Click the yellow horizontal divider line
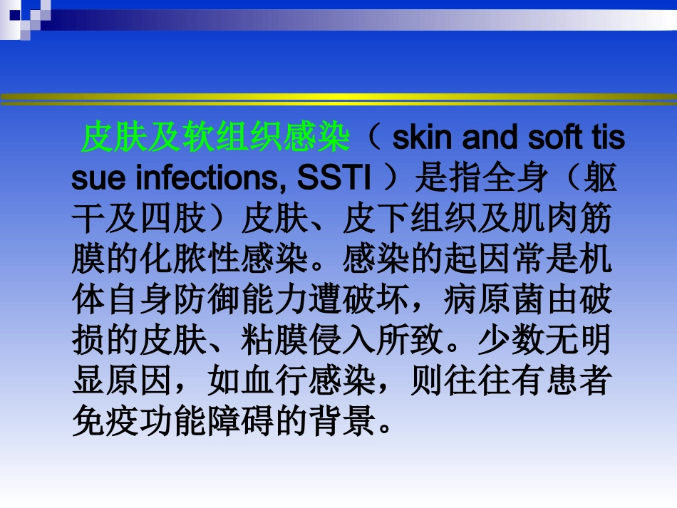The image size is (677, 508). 338,98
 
